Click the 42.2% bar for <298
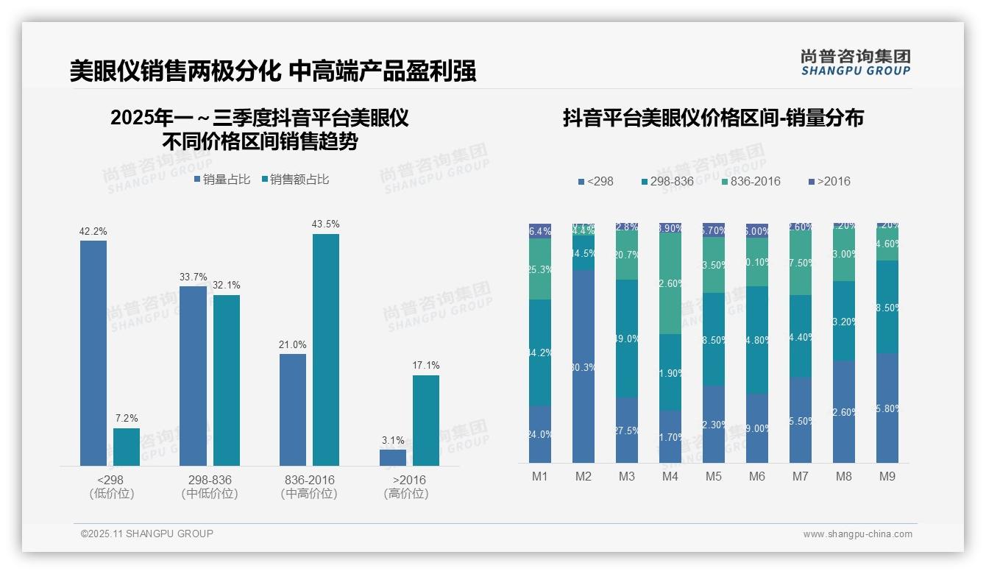point(93,353)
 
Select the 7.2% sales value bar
point(127,447)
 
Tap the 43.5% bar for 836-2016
point(326,350)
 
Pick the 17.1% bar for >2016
point(426,420)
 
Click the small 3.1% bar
point(393,458)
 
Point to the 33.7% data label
point(194,277)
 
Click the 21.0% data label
point(293,345)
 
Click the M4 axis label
point(670,477)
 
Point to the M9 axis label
point(887,477)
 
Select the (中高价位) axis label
point(309,494)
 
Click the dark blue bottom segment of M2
point(584,366)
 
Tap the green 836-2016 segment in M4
point(670,283)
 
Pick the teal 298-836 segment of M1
point(540,352)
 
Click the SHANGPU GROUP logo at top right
point(855,63)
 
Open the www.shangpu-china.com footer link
point(857,534)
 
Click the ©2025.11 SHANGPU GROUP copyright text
point(147,534)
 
